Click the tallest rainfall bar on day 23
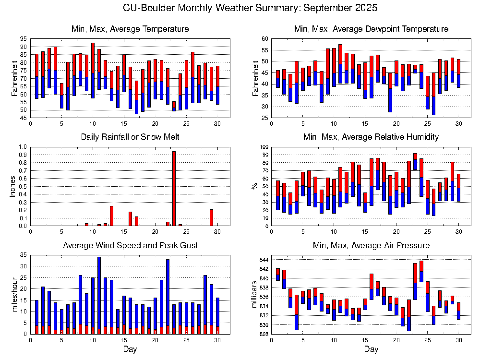[x=174, y=188]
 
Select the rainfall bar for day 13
[x=111, y=216]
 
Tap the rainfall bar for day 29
[x=211, y=217]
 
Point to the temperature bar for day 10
[x=93, y=71]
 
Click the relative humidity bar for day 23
[x=415, y=161]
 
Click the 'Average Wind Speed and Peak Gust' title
[x=130, y=246]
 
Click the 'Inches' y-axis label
[x=13, y=186]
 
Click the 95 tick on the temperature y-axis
[x=24, y=39]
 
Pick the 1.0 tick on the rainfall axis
[x=23, y=147]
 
